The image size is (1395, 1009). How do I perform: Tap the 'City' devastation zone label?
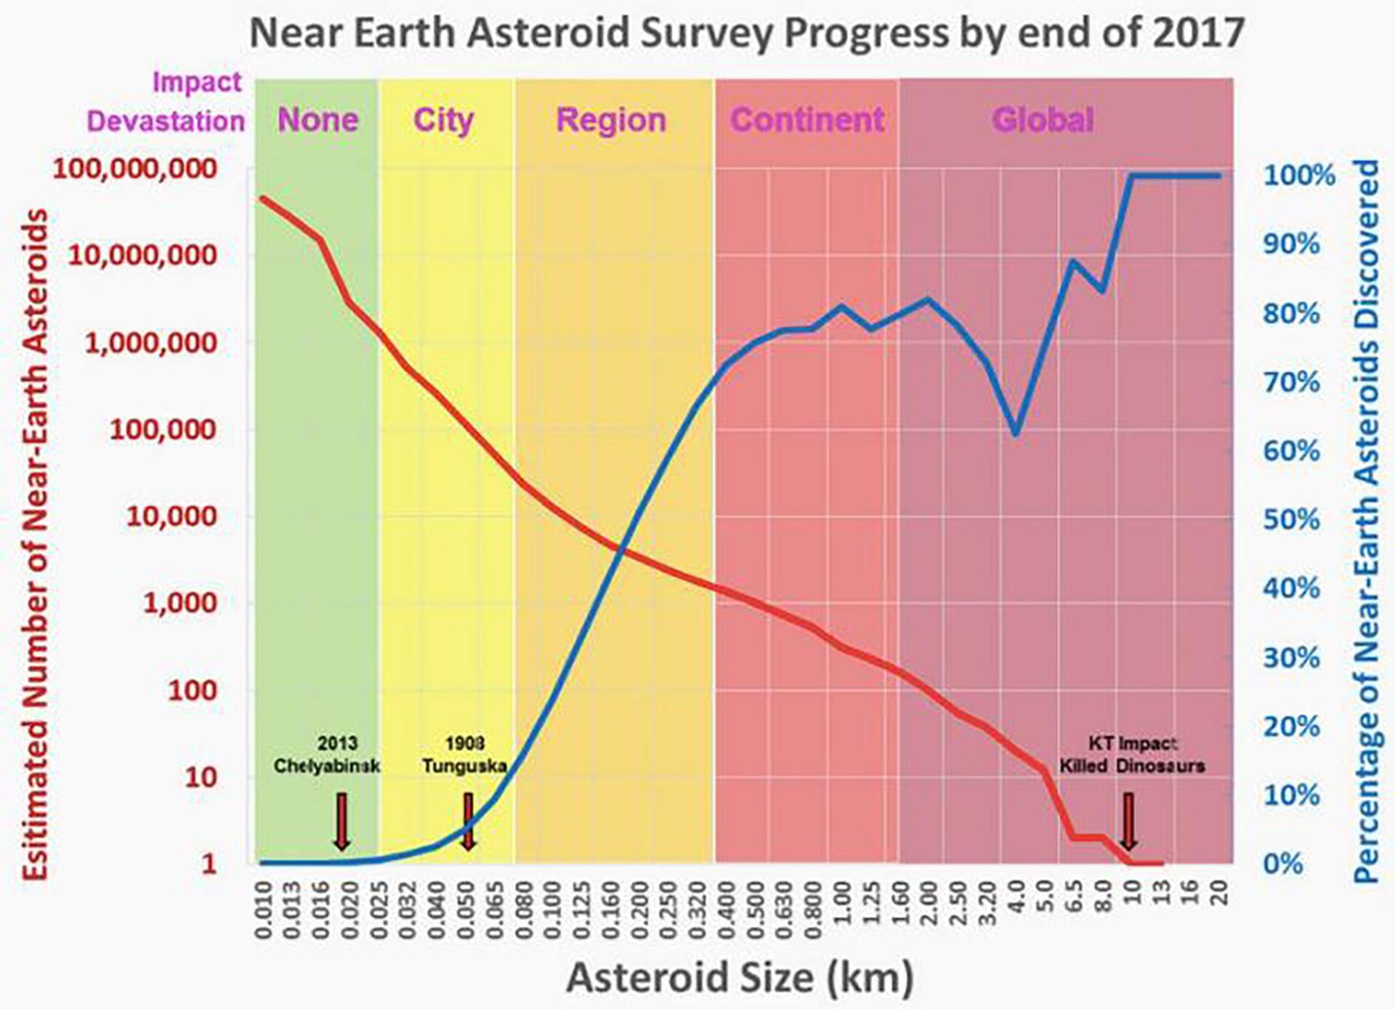(x=443, y=120)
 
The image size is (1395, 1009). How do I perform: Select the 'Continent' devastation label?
(x=807, y=120)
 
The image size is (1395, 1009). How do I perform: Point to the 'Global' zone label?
(x=1043, y=120)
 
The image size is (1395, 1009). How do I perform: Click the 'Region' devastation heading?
(x=610, y=120)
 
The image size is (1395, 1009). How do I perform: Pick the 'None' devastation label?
(x=318, y=120)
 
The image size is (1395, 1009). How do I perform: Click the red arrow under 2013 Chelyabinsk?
(x=341, y=822)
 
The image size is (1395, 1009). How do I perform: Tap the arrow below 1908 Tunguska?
(x=469, y=822)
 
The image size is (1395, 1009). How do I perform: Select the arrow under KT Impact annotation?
(x=1128, y=822)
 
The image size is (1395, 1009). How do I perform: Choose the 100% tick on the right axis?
(x=1299, y=176)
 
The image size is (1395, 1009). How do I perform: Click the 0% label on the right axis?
(x=1283, y=864)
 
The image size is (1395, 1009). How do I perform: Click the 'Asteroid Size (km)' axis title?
(x=739, y=977)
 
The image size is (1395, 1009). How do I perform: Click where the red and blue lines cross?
(x=620, y=550)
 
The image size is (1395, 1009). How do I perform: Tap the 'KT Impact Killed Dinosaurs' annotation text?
(x=1131, y=755)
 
